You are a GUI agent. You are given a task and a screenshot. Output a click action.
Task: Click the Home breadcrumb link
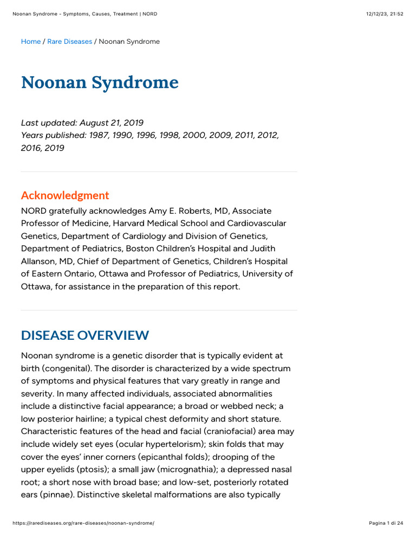coord(31,42)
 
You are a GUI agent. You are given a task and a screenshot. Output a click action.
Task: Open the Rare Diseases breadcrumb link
coord(69,42)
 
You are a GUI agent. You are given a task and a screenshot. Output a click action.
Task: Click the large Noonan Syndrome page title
coord(100,82)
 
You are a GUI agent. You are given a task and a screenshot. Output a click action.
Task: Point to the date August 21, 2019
coord(112,123)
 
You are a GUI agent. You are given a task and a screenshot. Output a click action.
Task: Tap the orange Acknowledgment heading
coord(65,195)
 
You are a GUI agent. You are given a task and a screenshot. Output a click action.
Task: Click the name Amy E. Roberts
coord(185,210)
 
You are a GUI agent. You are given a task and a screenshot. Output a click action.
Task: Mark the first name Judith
coord(263,248)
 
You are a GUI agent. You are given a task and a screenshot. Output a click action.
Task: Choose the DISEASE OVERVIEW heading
coord(85,335)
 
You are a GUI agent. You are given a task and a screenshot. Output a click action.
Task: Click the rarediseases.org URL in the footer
coord(83,523)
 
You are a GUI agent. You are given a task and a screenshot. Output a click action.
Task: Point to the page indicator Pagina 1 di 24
coord(386,523)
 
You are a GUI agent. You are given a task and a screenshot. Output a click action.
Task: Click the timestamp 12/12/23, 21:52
coord(385,14)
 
